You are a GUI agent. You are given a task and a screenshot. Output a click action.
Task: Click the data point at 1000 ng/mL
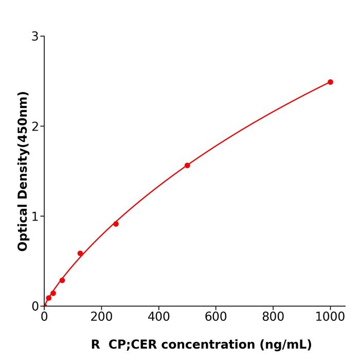tap(330, 82)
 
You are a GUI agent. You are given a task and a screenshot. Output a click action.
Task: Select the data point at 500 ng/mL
tap(187, 165)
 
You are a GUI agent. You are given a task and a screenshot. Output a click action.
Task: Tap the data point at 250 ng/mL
tap(116, 224)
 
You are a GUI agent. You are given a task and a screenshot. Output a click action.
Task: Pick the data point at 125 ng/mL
tap(80, 253)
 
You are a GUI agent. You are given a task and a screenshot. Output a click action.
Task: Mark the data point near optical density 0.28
tap(62, 280)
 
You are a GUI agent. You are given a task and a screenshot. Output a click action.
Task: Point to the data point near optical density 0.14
tap(53, 293)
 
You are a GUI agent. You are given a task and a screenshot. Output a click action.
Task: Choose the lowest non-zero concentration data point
tap(49, 298)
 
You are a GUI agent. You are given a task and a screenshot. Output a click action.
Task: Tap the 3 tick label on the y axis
tap(35, 37)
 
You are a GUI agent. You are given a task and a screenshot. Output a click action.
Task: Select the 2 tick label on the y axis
tap(35, 127)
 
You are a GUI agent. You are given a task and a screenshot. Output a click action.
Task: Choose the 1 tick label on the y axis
tap(35, 217)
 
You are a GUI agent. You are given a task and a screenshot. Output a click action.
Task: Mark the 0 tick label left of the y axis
tap(35, 307)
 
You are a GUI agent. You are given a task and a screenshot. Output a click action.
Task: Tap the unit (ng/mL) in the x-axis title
tap(286, 345)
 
